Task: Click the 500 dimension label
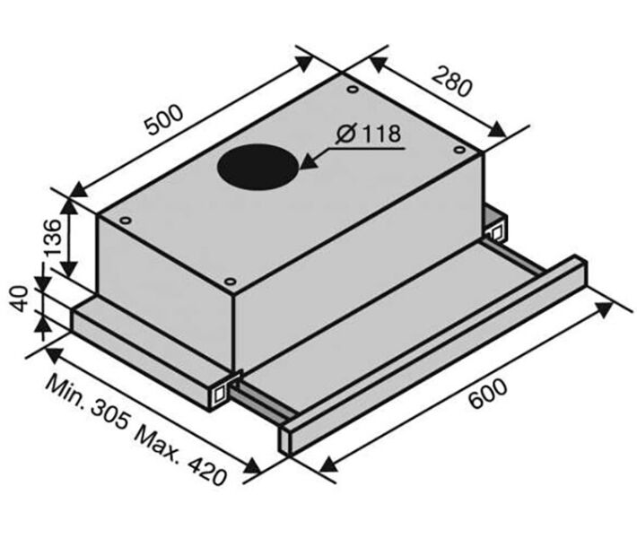[x=164, y=119]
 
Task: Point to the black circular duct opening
[x=258, y=167]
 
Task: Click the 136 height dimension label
[x=53, y=238]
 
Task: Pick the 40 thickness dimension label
[x=20, y=299]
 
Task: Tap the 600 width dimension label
[x=487, y=393]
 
